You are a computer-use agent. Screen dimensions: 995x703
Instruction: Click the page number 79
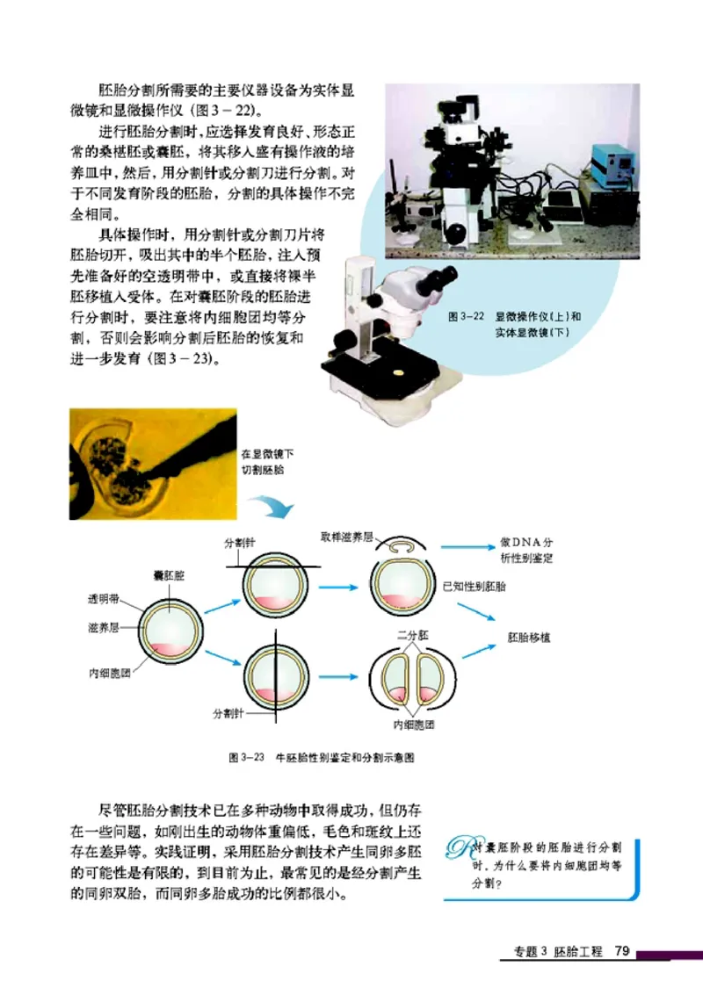pos(622,951)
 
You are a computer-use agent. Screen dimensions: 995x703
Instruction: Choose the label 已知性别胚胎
pos(479,585)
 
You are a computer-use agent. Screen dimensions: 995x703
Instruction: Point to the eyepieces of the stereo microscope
pos(438,280)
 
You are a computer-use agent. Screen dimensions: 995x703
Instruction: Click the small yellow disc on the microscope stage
pos(401,372)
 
